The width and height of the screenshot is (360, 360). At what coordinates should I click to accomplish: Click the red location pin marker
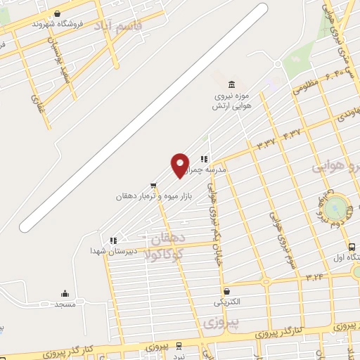pos(180,165)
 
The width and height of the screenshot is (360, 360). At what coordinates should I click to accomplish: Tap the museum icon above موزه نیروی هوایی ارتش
pos(222,83)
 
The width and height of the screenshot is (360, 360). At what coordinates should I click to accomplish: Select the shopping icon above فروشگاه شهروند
pos(57,13)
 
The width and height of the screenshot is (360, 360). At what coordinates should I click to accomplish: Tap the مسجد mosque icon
pos(65,294)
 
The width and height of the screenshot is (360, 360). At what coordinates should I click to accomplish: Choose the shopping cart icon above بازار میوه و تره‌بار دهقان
pos(153,186)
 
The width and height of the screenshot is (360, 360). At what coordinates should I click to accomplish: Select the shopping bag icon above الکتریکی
pos(226,290)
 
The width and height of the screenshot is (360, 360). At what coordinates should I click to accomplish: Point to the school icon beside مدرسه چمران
pos(204,159)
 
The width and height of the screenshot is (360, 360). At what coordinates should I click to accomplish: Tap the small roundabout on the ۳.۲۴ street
pos(266,282)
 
